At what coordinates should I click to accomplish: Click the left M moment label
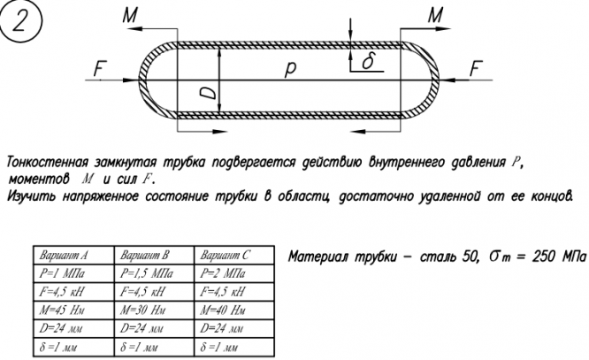coord(131,14)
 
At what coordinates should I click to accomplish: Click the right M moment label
coord(434,15)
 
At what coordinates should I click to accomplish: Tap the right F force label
coord(477,67)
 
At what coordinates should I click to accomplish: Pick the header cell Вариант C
coord(225,256)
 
